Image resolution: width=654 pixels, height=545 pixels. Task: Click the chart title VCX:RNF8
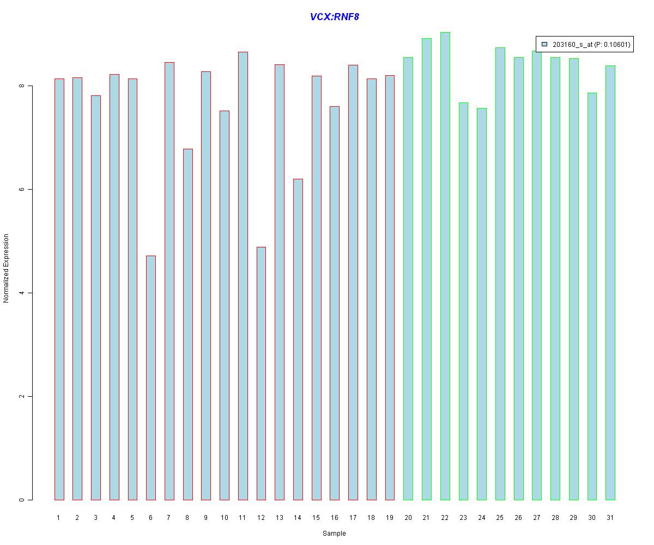[x=334, y=17]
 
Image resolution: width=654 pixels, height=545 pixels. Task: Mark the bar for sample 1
[x=59, y=289]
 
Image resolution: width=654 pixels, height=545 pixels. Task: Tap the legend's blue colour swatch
[x=544, y=45]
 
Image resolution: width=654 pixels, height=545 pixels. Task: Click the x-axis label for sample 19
[x=390, y=518]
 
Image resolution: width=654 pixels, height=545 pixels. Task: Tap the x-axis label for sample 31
[x=610, y=518]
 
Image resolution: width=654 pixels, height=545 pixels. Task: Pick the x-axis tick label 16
[x=335, y=518]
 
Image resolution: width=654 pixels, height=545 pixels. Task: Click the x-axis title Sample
[x=334, y=534]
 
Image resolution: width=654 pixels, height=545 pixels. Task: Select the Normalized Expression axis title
[x=7, y=268]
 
